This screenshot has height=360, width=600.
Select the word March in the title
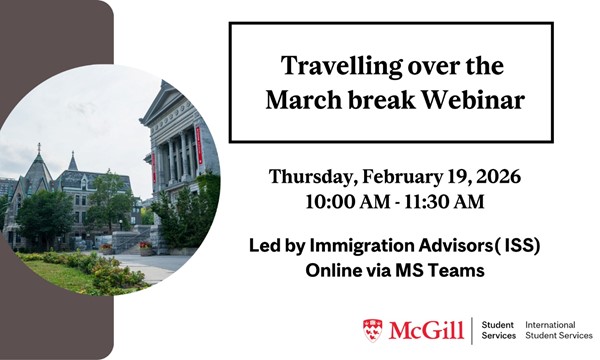(307, 102)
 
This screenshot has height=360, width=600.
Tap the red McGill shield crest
(372, 330)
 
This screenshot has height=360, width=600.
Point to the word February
(412, 178)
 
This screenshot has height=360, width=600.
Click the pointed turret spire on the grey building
(72, 161)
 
